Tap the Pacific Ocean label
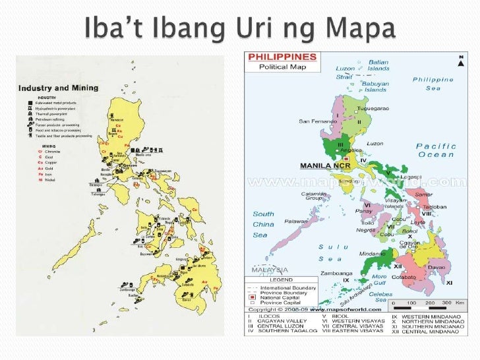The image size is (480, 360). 436,150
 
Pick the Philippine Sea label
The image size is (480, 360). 433,83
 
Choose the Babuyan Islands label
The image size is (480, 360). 376,86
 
